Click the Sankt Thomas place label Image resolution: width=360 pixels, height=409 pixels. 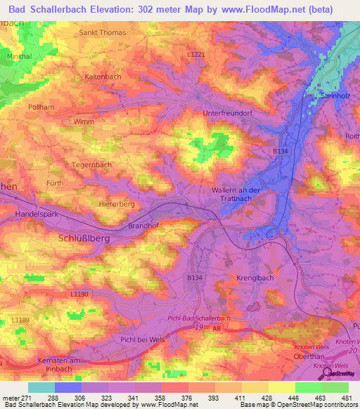point(103,33)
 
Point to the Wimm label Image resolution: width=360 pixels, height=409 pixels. point(83,122)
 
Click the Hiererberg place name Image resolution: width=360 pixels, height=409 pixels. point(117,204)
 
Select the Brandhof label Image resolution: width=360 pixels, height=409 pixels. point(145,226)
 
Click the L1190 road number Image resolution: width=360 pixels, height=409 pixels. point(79,293)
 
